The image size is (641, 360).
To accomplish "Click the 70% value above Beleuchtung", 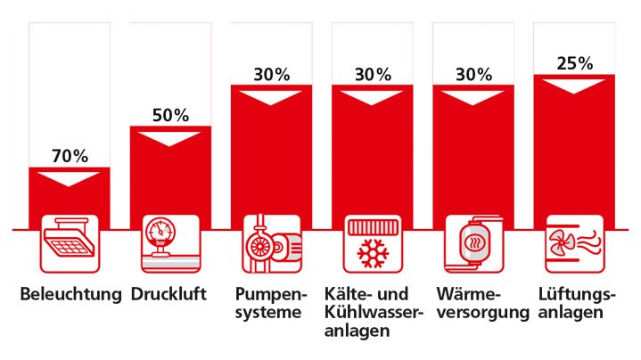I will [x=70, y=156].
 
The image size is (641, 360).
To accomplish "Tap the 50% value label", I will [x=170, y=115].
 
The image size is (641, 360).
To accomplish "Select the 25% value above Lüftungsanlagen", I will [x=574, y=63].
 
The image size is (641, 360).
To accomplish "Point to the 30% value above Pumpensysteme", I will [x=271, y=75].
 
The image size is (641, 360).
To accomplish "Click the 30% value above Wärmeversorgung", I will [x=473, y=75].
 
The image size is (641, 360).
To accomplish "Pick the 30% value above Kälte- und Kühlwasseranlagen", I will [x=373, y=75].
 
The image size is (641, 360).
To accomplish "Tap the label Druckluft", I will [x=170, y=295].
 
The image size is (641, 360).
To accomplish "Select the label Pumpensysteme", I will [x=271, y=304].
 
